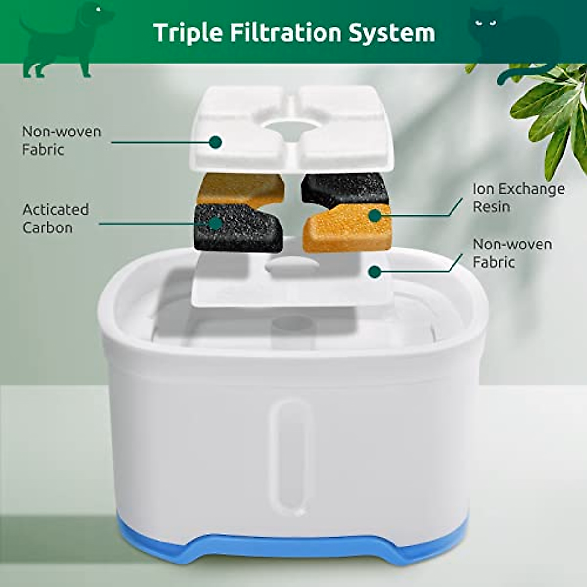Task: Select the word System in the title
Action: click(x=391, y=33)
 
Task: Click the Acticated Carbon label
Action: click(x=56, y=219)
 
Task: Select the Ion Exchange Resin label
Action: click(x=518, y=198)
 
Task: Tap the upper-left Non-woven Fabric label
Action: click(x=61, y=140)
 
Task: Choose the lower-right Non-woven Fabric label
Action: click(x=512, y=253)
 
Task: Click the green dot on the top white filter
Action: click(x=215, y=142)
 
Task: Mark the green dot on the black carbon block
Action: click(x=215, y=223)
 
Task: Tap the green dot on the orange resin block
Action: click(x=375, y=215)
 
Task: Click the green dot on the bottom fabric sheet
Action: click(x=375, y=272)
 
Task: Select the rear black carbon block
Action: click(x=345, y=188)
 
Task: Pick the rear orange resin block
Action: click(x=240, y=188)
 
